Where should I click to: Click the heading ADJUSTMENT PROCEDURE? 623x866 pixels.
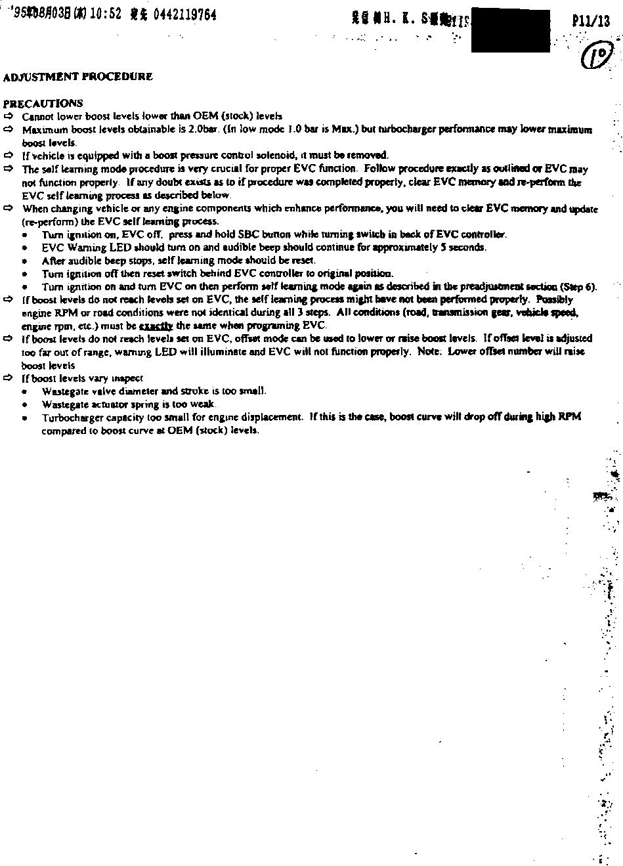[78, 77]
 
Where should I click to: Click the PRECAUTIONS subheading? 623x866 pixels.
[43, 103]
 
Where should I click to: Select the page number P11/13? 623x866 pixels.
[591, 20]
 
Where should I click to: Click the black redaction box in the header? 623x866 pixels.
[510, 30]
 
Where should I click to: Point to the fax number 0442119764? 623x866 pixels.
[184, 15]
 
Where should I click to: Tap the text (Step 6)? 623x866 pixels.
[578, 286]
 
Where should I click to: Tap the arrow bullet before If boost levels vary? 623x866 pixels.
[9, 378]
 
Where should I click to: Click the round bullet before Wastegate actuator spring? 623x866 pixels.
[25, 404]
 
